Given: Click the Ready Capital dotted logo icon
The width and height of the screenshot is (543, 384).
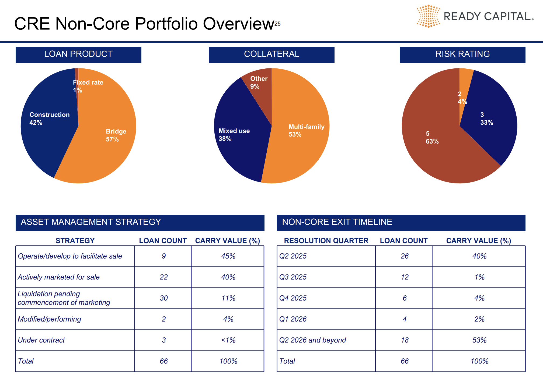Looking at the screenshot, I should tap(428, 16).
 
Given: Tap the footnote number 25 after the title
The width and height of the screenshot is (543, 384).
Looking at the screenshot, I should tap(277, 24).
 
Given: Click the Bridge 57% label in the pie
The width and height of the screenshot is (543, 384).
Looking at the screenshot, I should tap(116, 135).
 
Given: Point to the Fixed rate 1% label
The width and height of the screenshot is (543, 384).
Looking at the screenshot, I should tap(88, 86).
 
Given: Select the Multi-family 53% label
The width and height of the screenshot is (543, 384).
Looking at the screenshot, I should tap(306, 131).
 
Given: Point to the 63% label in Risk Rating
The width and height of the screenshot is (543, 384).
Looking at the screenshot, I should tap(432, 141).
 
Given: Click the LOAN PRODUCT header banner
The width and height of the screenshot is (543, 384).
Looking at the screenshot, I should tap(78, 54).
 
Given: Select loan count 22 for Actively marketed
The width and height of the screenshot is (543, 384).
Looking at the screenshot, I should tap(163, 277).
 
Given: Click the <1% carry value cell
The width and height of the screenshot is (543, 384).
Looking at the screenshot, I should tap(228, 340).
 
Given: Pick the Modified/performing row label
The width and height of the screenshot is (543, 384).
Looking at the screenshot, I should tap(49, 319).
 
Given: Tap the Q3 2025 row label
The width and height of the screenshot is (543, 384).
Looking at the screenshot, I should tap(293, 277).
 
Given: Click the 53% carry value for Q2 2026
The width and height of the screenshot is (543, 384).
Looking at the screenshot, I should tap(479, 340).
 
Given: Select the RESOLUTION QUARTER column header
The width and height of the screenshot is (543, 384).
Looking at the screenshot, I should tap(326, 241).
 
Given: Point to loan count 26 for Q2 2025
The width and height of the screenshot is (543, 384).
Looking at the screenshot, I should tap(405, 256).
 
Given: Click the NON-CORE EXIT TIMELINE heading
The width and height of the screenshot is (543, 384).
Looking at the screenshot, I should tap(337, 222).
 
